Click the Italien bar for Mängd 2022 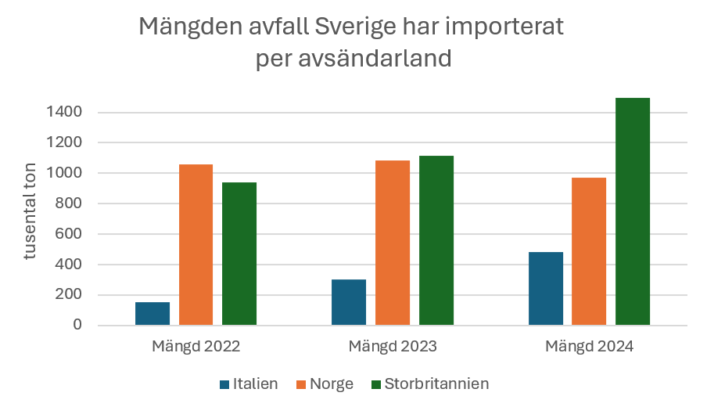click(152, 313)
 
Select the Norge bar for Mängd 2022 click(196, 244)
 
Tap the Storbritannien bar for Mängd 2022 click(239, 254)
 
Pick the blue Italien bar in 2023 click(349, 302)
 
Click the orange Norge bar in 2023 click(393, 243)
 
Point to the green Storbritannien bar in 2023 click(436, 240)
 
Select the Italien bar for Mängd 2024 click(545, 288)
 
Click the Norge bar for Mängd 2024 click(589, 251)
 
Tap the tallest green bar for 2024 click(633, 211)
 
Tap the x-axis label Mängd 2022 click(196, 346)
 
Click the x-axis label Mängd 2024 click(589, 346)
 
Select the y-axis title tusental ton click(31, 218)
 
